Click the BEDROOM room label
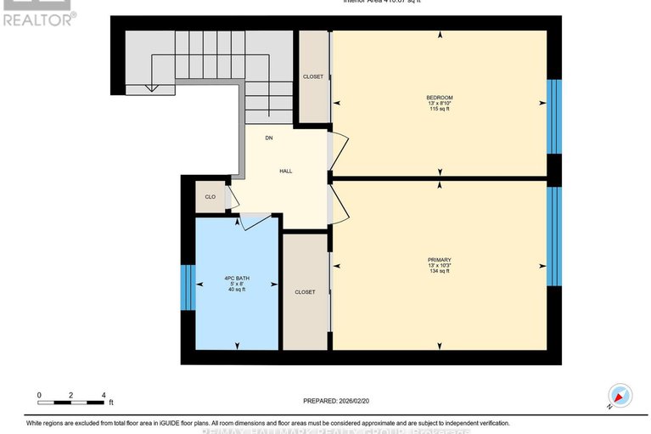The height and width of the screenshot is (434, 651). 439,98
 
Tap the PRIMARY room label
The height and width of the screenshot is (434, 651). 439,260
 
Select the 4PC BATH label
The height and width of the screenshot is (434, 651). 236,278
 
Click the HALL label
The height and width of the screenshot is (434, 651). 286,171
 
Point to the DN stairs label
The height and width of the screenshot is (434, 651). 269,138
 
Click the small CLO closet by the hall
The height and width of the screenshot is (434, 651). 210,197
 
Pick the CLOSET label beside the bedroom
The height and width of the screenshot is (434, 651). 313,76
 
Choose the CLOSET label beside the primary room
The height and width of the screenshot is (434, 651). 305,292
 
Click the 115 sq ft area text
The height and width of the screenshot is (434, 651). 439,110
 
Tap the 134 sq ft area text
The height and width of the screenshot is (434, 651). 439,272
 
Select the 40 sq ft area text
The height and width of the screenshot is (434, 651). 236,290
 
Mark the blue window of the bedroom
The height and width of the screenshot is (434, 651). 554,116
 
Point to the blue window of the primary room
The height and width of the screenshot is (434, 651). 554,236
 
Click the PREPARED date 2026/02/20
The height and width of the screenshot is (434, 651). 338,401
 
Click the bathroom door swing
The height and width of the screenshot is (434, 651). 254,221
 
